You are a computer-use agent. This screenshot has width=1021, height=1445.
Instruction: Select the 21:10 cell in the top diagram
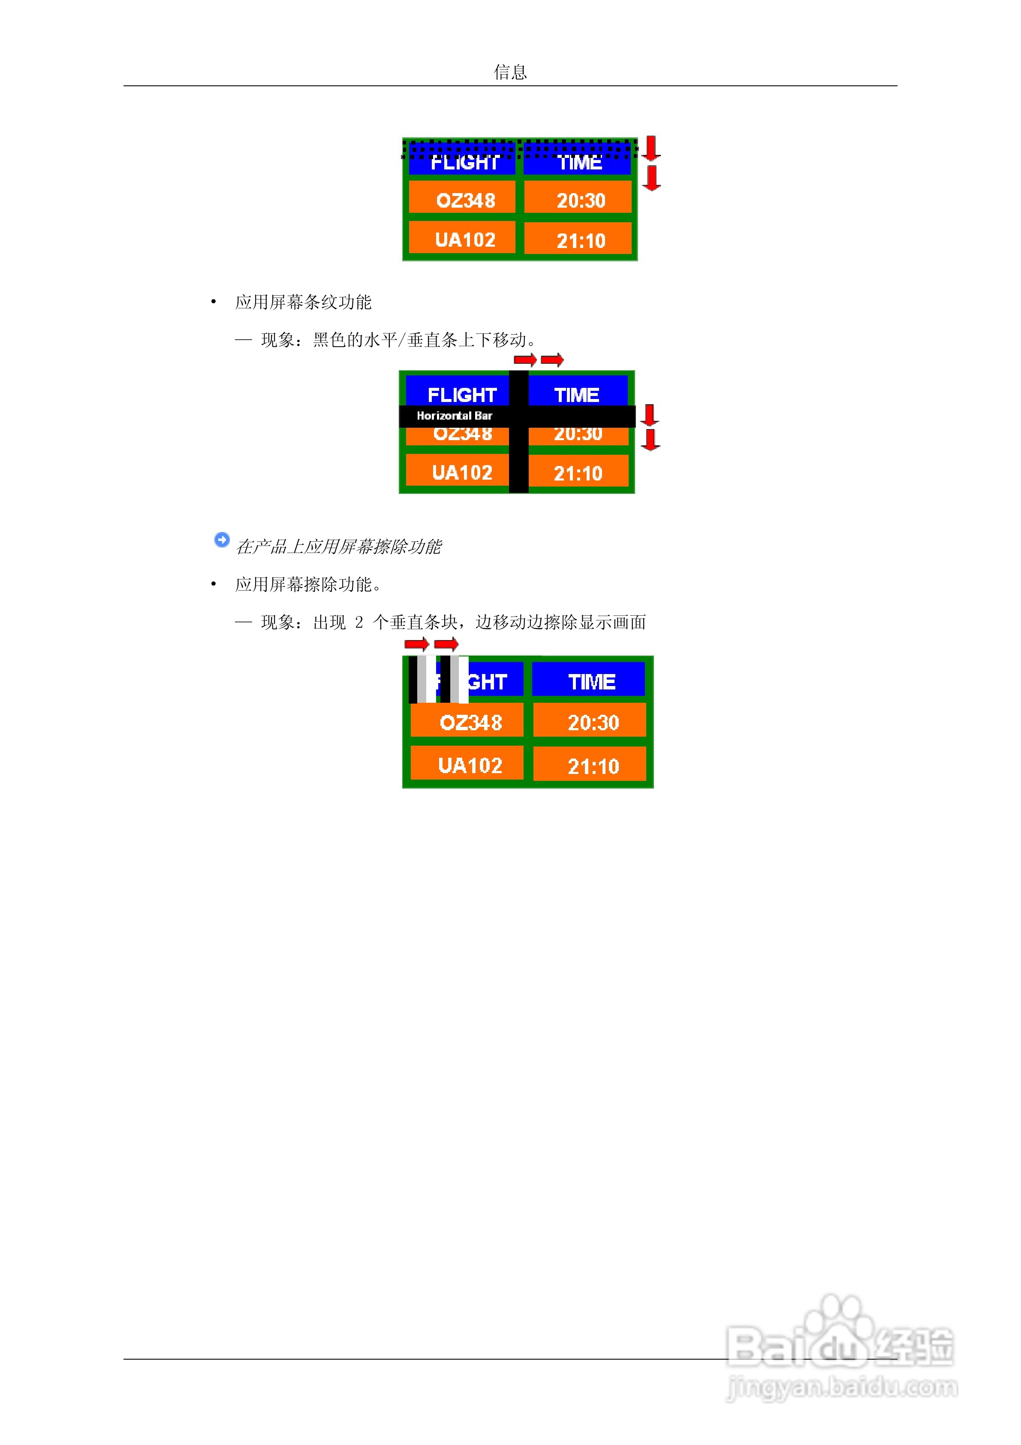point(580,240)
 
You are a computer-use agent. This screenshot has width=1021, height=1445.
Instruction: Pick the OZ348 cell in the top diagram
point(465,200)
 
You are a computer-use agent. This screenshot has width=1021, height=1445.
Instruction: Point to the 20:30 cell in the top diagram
point(580,200)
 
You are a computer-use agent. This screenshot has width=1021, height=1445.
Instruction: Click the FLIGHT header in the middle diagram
point(462,395)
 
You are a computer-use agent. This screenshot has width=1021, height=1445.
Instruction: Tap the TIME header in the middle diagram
point(576,395)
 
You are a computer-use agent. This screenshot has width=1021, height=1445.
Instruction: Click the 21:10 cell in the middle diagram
point(578,473)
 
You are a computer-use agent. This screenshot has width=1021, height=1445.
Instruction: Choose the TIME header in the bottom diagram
point(591,682)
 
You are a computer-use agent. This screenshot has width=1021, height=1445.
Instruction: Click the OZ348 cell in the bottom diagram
point(470,722)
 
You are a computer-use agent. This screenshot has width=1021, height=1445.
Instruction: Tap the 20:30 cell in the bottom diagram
point(593,722)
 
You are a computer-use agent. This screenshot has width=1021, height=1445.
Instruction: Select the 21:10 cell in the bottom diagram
point(593,765)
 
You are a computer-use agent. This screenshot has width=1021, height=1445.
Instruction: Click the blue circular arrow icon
point(221,539)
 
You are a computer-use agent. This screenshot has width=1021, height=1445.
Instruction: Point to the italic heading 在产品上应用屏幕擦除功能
point(338,546)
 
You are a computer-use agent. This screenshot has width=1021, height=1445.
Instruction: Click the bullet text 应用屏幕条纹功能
point(303,302)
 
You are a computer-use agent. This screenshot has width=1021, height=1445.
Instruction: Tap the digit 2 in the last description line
point(358,623)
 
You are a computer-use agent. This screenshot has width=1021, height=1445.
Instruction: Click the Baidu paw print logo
point(840,1330)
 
